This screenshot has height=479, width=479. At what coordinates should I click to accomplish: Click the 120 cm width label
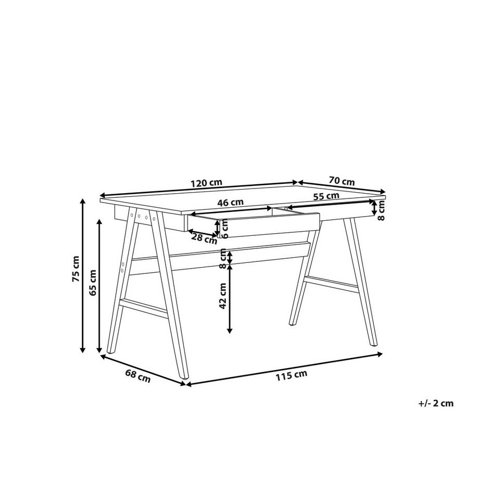(x=206, y=183)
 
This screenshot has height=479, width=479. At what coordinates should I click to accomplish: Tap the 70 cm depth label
(x=342, y=181)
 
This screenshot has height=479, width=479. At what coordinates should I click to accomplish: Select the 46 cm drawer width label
(x=230, y=202)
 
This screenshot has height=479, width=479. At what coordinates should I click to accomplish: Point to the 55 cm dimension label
(x=326, y=196)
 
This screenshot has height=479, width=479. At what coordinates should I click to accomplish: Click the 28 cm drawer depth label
(x=204, y=238)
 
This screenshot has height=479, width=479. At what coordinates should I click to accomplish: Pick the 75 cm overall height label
(x=77, y=269)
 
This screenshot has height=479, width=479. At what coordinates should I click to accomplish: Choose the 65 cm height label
(x=94, y=283)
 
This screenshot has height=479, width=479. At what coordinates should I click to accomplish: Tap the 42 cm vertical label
(x=223, y=296)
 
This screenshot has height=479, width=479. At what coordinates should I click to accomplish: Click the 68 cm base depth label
(x=138, y=376)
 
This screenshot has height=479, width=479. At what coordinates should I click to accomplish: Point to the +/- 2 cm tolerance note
(x=436, y=403)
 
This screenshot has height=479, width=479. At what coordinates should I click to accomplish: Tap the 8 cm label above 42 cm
(x=223, y=259)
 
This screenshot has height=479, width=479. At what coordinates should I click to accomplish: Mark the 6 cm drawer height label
(x=225, y=228)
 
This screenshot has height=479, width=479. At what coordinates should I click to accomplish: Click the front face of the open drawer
(x=271, y=225)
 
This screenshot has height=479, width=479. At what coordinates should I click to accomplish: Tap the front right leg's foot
(x=373, y=343)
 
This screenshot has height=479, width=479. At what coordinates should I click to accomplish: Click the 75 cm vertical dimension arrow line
(x=82, y=276)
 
